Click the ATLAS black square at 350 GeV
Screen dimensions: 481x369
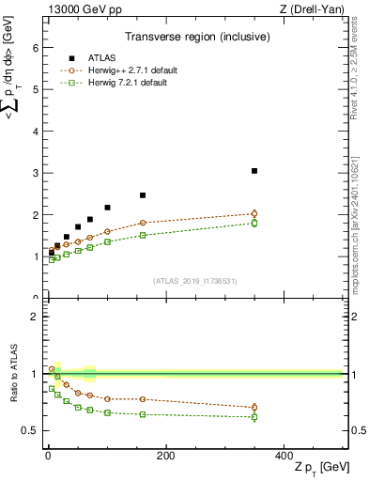[254, 171]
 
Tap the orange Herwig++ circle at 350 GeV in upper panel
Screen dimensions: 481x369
[254, 213]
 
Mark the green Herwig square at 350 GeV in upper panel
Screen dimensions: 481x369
[254, 223]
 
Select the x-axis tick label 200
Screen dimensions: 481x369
[165, 456]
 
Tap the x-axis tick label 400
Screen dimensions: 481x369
[284, 456]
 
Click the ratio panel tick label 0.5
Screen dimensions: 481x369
[30, 430]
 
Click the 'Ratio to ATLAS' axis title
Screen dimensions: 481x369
[14, 373]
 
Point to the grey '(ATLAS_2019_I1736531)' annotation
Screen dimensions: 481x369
[193, 281]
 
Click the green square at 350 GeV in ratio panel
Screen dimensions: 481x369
[254, 417]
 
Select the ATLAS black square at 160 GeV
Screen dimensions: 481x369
[143, 195]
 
